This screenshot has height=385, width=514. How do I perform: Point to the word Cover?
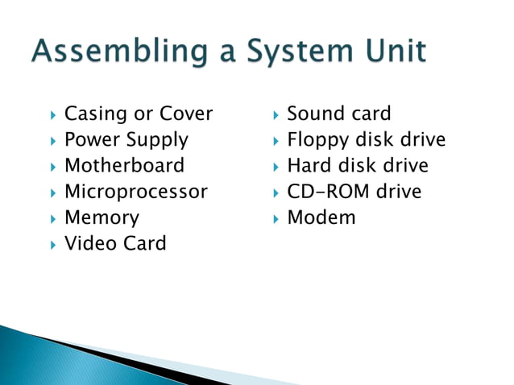point(186,114)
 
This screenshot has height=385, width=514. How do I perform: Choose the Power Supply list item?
point(126,140)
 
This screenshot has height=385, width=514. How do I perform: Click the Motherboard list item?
point(124,166)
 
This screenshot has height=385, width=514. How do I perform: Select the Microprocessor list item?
point(135,192)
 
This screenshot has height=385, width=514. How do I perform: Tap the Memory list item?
point(102,217)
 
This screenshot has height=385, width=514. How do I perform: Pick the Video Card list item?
point(115,243)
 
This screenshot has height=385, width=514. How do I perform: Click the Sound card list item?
point(338,114)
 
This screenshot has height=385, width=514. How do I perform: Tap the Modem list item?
point(321,217)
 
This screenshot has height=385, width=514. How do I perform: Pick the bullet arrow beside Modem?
point(276,218)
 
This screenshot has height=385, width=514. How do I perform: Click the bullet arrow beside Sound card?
point(276,114)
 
